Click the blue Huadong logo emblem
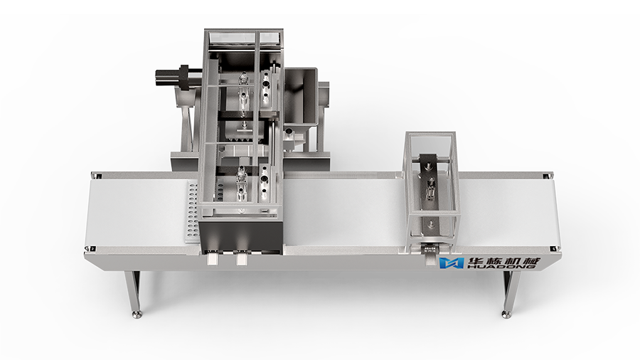point(451,263)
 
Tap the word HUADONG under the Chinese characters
point(501,267)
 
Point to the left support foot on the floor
point(137,314)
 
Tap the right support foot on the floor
point(506,314)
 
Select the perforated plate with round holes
point(191,212)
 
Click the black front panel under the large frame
point(241,234)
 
